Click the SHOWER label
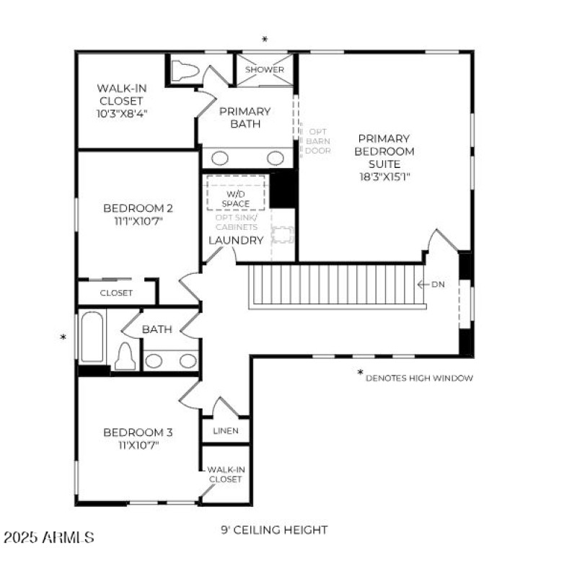point(265,70)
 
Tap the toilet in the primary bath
point(185,70)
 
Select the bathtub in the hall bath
point(92,337)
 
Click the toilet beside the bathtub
point(125,356)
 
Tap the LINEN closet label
point(226,431)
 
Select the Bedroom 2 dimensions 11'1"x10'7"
point(138,221)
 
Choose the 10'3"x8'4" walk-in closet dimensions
point(120,114)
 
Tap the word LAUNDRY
point(236,241)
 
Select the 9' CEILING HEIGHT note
point(274,530)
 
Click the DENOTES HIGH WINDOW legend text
point(419,378)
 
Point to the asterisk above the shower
point(265,40)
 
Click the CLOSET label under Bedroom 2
point(116,293)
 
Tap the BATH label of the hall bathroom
point(157,329)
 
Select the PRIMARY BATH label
point(245,118)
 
